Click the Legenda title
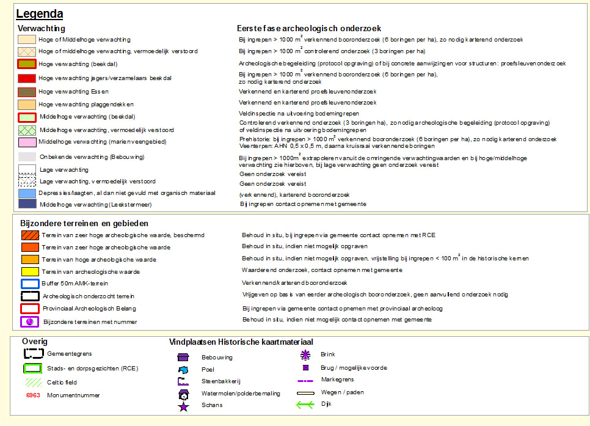(x=40, y=13)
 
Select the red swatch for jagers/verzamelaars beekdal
(x=27, y=78)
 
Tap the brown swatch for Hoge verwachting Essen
(x=27, y=92)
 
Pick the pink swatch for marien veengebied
(x=27, y=142)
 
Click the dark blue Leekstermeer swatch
(x=27, y=204)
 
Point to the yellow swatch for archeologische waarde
(x=30, y=271)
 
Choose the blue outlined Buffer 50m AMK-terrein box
(x=30, y=284)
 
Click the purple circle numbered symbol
(x=30, y=321)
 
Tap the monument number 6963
(x=34, y=395)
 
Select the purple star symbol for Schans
(x=183, y=406)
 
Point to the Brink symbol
(x=305, y=354)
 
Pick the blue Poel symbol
(x=183, y=370)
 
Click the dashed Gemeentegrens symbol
(x=33, y=353)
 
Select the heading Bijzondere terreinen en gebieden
(x=84, y=224)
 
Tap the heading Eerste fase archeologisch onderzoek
(x=309, y=28)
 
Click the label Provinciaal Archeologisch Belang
(x=89, y=309)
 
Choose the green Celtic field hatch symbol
(x=33, y=383)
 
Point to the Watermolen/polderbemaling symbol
(x=183, y=394)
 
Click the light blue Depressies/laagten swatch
(x=27, y=193)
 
